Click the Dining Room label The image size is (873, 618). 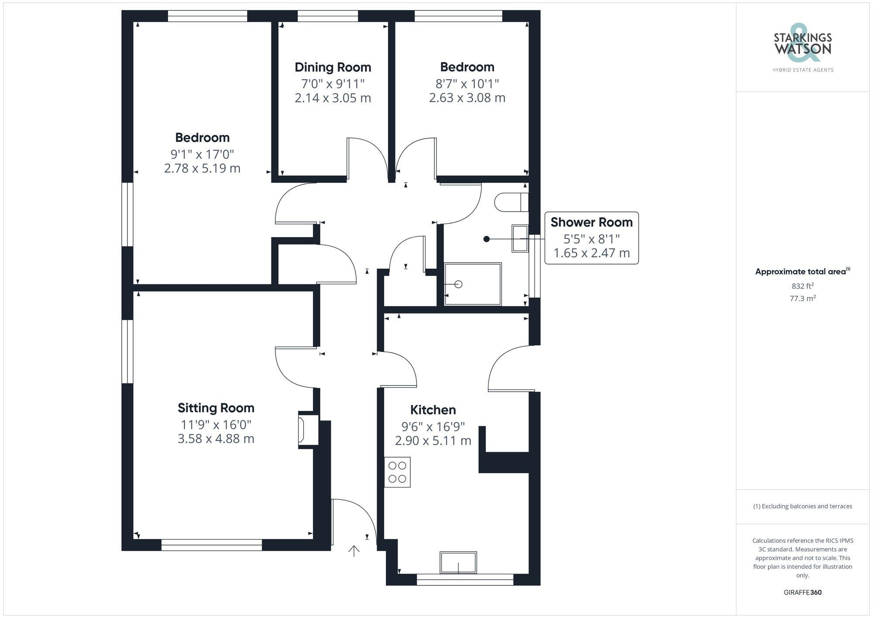[333, 67]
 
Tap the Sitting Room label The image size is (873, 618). [216, 408]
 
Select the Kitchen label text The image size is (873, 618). [433, 410]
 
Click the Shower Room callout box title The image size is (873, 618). [591, 222]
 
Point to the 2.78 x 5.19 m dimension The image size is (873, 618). [202, 168]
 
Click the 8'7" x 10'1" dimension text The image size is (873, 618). [467, 83]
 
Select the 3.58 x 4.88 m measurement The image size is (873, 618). [216, 438]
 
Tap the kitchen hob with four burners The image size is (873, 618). [397, 472]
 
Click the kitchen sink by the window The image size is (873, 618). [458, 563]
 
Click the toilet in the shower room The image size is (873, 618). [511, 202]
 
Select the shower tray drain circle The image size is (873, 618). [458, 284]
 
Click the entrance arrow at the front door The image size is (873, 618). [354, 551]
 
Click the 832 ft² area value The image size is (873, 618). [802, 286]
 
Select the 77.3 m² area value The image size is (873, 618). [802, 299]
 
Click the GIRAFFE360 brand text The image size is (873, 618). [802, 592]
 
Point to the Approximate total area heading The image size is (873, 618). [801, 272]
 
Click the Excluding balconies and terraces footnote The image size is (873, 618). [802, 506]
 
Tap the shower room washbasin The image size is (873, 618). [519, 238]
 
